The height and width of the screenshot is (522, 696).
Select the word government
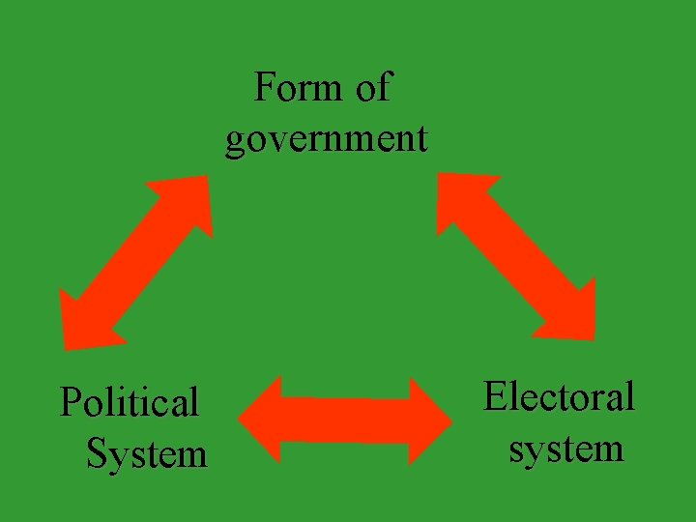[326, 138]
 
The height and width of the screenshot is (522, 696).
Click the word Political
[129, 402]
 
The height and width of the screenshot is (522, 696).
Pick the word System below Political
[147, 452]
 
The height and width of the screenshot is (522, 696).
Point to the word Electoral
[559, 396]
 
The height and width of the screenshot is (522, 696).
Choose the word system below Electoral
[566, 449]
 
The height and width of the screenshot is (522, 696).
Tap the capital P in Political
[71, 402]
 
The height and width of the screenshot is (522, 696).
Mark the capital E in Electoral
[495, 396]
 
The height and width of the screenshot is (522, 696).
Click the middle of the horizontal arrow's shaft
[345, 420]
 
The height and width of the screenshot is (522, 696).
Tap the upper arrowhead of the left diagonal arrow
[189, 199]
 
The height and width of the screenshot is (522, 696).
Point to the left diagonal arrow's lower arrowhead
[82, 320]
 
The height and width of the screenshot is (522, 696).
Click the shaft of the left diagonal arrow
[136, 260]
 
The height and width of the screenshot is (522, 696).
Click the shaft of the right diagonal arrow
[516, 256]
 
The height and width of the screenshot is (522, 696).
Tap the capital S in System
[96, 452]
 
